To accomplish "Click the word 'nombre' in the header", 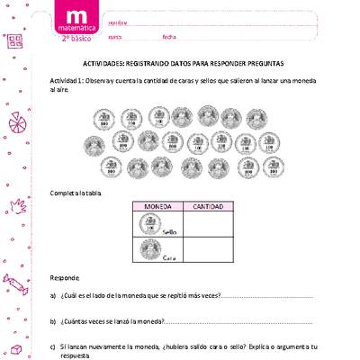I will click(117, 21).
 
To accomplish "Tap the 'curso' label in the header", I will click(114, 37).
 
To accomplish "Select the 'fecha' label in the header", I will click(168, 37).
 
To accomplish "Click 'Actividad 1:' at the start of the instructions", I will click(68, 81).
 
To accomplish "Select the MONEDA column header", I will click(157, 206).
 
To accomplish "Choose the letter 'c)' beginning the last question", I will click(53, 346).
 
